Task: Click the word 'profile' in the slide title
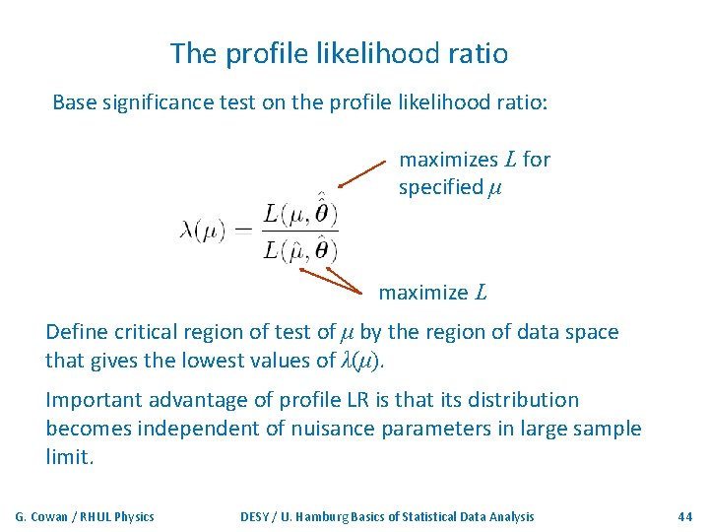pos(259,53)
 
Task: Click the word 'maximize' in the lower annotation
pos(422,293)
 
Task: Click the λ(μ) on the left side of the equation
pos(203,232)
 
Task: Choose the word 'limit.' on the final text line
pos(70,457)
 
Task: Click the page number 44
pos(685,516)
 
